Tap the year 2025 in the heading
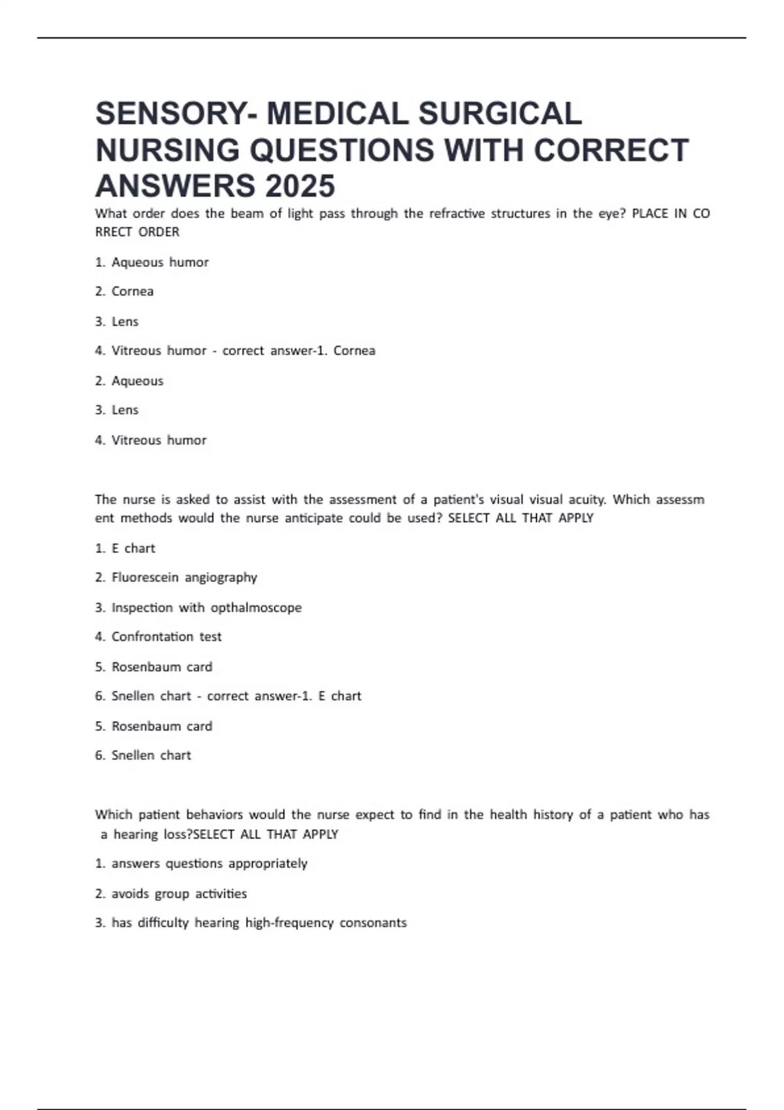tap(300, 186)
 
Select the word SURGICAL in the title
tap(500, 114)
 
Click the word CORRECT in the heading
tap(611, 150)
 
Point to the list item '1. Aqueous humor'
tap(152, 262)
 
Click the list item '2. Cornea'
tap(124, 291)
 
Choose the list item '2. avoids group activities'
tap(171, 893)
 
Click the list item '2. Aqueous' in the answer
tap(129, 381)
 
